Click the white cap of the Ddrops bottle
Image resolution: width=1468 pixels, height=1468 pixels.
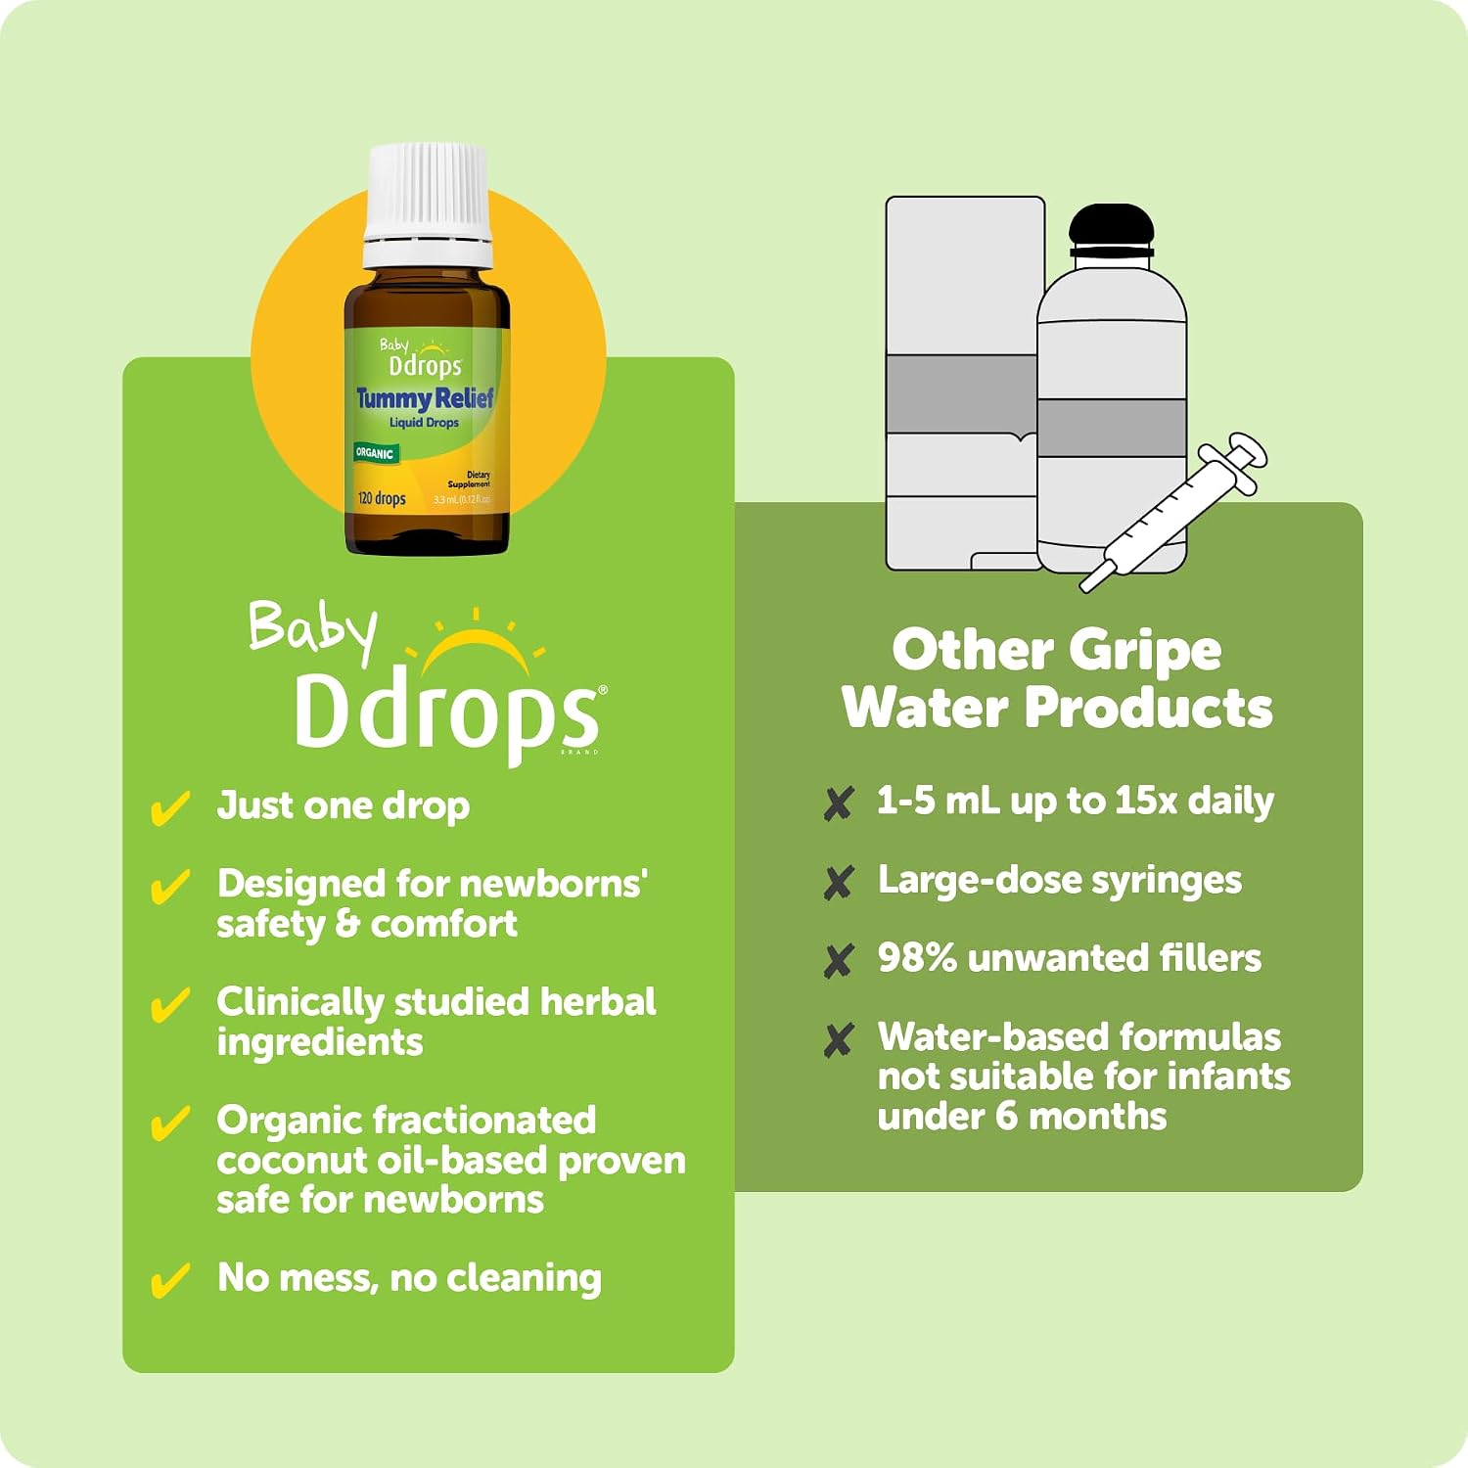[x=428, y=206]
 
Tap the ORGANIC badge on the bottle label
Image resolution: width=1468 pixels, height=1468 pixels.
[x=375, y=453]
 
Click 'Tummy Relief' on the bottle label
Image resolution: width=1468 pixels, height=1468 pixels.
[x=425, y=398]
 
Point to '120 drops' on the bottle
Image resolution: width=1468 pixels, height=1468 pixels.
[x=382, y=498]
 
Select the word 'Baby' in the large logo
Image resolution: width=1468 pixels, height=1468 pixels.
[x=312, y=631]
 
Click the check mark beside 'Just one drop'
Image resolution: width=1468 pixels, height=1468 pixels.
[x=169, y=808]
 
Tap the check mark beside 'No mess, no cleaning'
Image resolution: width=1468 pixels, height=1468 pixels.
[x=169, y=1280]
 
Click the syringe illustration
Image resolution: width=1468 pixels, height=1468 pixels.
[x=1173, y=511]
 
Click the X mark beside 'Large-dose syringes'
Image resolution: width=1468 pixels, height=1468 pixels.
[x=839, y=883]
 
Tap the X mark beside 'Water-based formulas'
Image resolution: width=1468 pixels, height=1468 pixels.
[x=839, y=1040]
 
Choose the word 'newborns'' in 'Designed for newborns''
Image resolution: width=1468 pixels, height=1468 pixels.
[x=552, y=884]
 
